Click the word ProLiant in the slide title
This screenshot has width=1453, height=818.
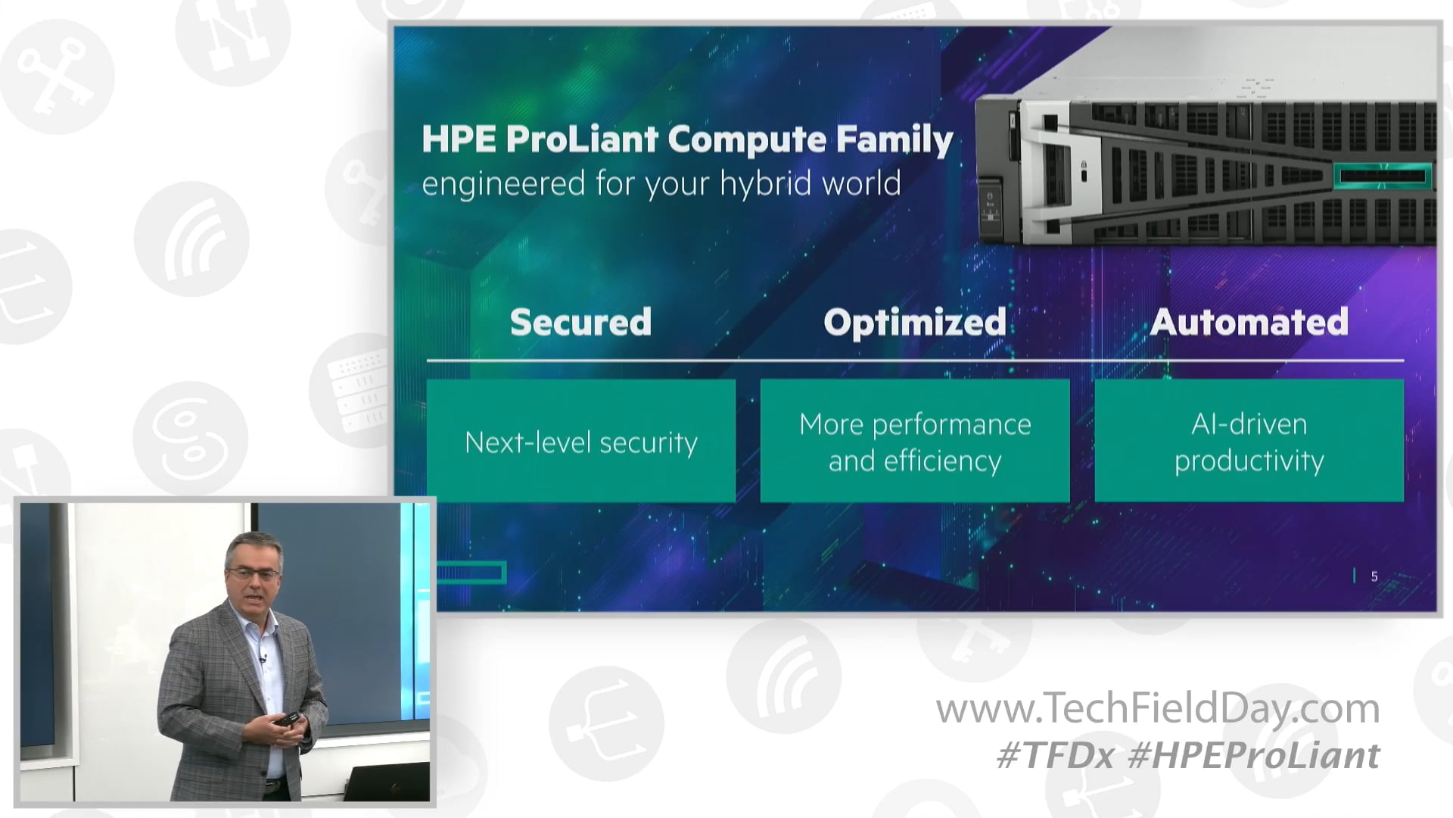click(x=581, y=139)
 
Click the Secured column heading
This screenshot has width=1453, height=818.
click(x=580, y=322)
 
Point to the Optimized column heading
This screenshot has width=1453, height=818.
click(x=914, y=322)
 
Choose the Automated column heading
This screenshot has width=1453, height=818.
click(x=1249, y=322)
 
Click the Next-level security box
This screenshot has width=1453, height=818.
click(x=580, y=441)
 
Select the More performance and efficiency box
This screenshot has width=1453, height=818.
click(x=914, y=441)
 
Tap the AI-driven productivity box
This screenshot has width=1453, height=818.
click(x=1249, y=441)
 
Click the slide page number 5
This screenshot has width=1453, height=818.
click(x=1374, y=576)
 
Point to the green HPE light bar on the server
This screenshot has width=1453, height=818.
click(x=1382, y=176)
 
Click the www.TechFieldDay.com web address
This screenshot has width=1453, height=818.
click(x=1157, y=709)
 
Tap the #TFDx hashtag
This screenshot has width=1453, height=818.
click(x=1055, y=756)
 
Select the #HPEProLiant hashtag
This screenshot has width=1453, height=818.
click(x=1253, y=756)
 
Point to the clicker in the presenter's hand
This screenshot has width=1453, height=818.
click(x=287, y=718)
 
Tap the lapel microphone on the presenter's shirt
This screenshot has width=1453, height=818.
click(x=263, y=657)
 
